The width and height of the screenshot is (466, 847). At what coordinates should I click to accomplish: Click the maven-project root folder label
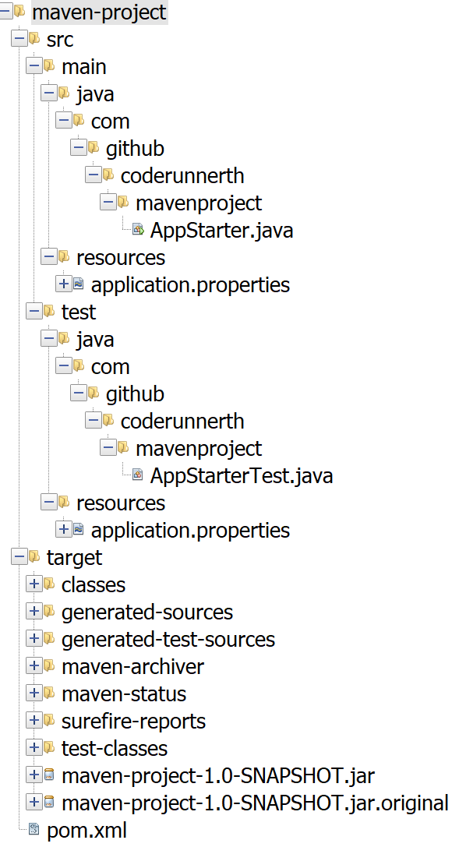[99, 12]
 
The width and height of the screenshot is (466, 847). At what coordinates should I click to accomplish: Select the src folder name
[60, 40]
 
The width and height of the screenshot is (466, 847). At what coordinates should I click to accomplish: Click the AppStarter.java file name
[221, 230]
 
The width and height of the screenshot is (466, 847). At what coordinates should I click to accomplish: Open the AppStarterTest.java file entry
[242, 475]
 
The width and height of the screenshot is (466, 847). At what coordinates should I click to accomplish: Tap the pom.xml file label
[87, 831]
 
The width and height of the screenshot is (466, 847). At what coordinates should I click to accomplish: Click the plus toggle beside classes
[34, 584]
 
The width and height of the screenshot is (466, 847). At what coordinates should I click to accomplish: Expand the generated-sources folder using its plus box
[34, 611]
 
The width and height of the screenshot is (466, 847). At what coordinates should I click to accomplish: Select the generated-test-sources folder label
[168, 639]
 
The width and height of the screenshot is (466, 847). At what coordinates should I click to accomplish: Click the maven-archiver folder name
[132, 666]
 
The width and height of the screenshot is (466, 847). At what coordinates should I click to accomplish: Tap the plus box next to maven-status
[34, 693]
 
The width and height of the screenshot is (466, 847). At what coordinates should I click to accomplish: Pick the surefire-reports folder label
[133, 721]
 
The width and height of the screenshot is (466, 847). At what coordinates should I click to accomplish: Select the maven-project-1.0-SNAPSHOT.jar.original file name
[255, 803]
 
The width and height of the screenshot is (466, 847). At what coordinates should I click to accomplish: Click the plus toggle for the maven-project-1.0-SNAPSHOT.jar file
[34, 775]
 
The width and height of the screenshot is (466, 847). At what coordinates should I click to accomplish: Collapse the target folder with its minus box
[19, 556]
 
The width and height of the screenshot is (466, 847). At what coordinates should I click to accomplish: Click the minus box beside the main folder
[34, 66]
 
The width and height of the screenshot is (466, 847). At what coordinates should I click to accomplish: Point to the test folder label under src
[79, 312]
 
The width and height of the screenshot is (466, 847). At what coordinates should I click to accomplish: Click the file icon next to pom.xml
[34, 829]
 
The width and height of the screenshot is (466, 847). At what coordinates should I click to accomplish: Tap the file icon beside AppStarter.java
[138, 230]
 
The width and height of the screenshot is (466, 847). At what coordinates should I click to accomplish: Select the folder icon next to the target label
[34, 556]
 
